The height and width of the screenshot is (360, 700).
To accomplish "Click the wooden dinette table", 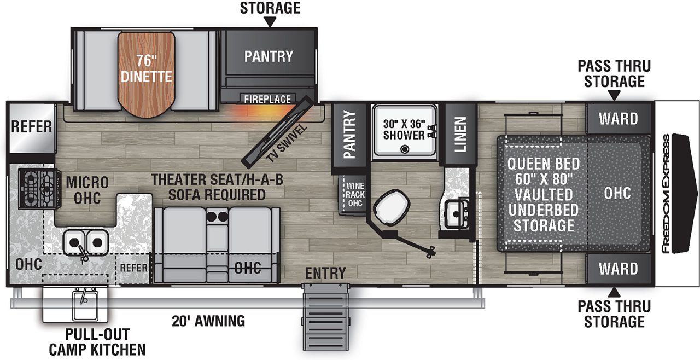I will (146, 77).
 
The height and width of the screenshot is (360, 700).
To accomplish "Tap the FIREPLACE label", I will (267, 100).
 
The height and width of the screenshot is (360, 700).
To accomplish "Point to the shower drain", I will (404, 149).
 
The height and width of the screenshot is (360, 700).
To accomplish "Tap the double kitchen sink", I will (85, 241).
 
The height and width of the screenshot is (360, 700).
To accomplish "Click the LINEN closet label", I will (460, 135).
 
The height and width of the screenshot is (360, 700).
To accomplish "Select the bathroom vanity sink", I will (456, 214).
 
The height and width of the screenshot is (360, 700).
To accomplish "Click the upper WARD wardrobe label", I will (618, 118).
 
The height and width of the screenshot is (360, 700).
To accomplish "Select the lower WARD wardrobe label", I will (618, 269).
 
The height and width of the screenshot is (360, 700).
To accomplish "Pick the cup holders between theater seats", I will (217, 216).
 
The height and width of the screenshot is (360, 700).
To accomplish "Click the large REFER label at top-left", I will (32, 127).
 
